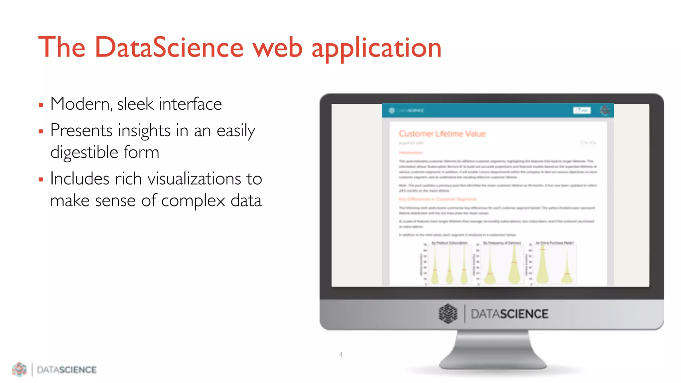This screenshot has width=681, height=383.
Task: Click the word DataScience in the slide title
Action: pyautogui.click(x=169, y=47)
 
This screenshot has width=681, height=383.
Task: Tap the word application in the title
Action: pyautogui.click(x=376, y=49)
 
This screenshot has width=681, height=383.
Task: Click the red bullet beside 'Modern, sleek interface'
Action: pyautogui.click(x=41, y=105)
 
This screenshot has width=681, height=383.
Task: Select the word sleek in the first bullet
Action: pyautogui.click(x=135, y=104)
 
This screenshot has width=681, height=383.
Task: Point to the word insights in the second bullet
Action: pyautogui.click(x=145, y=130)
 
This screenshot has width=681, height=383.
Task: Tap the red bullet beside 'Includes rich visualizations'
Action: pyautogui.click(x=41, y=180)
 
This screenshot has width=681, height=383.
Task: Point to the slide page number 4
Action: pyautogui.click(x=340, y=354)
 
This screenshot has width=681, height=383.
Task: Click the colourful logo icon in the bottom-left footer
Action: pyautogui.click(x=19, y=369)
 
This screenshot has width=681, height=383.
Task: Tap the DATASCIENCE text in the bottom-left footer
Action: pyautogui.click(x=67, y=370)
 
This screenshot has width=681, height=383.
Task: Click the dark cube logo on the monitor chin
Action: pyautogui.click(x=448, y=314)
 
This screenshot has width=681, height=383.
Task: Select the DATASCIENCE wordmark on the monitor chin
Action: pyautogui.click(x=509, y=314)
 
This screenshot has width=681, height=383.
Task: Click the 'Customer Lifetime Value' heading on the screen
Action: pyautogui.click(x=442, y=134)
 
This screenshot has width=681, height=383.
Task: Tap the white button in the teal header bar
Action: pyautogui.click(x=582, y=110)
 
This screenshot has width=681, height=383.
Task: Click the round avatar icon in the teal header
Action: pyautogui.click(x=605, y=110)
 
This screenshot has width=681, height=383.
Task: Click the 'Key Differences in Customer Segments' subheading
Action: pyautogui.click(x=437, y=199)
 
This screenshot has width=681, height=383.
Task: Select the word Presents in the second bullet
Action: pyautogui.click(x=81, y=130)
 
